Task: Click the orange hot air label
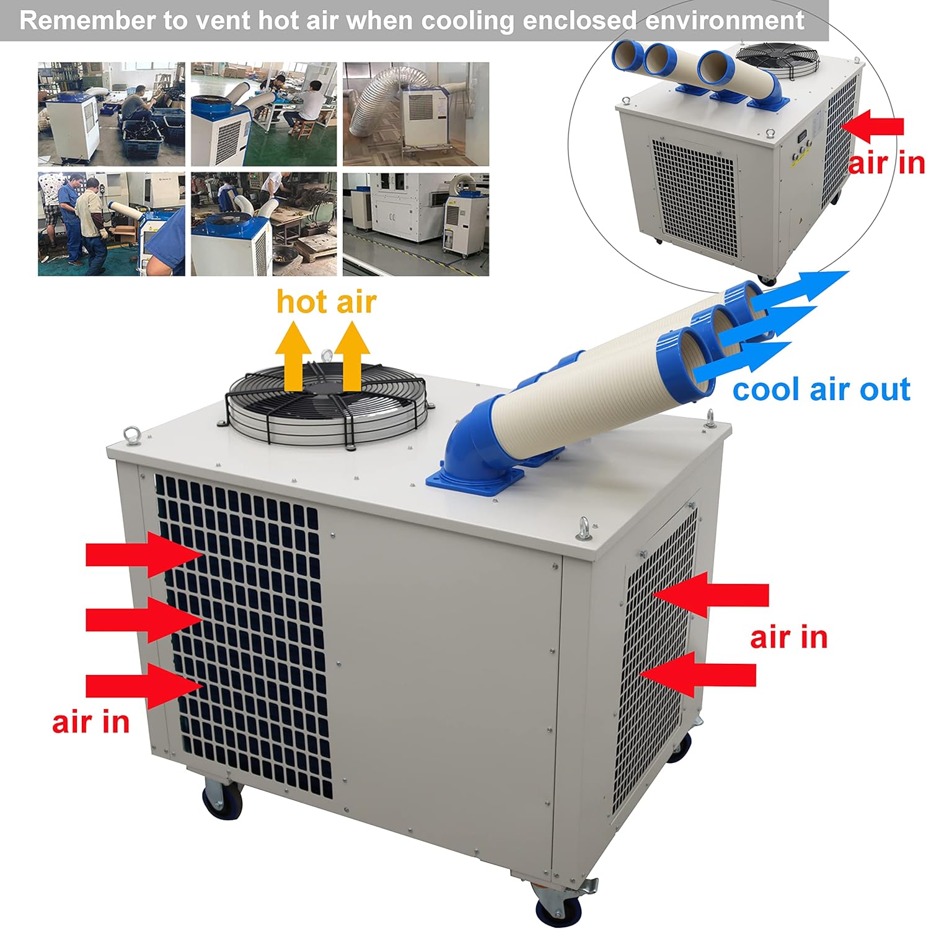tap(326, 302)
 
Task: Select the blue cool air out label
tap(821, 390)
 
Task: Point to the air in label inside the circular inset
tap(886, 163)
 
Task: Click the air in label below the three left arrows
tap(90, 722)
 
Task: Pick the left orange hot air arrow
tap(293, 358)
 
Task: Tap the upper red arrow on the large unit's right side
tap(710, 595)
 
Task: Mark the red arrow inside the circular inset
tap(874, 126)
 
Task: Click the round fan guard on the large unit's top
tap(329, 403)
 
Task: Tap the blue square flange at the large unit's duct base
tap(475, 481)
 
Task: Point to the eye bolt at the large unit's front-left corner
tap(132, 435)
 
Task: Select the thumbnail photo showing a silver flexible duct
tap(415, 114)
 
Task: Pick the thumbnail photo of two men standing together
tap(112, 224)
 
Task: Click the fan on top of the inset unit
tap(778, 60)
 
